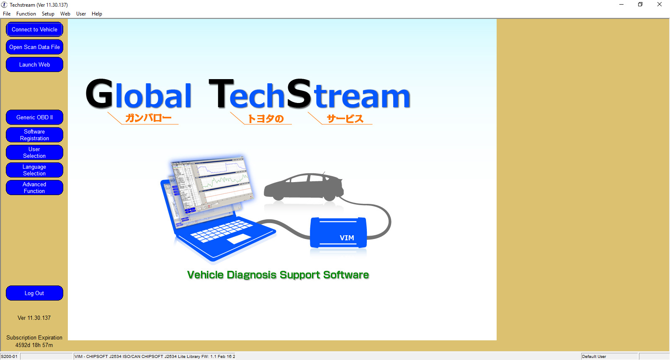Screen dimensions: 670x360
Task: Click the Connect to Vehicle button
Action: [34, 29]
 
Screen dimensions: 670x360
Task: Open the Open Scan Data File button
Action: [34, 47]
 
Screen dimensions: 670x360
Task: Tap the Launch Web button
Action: [34, 64]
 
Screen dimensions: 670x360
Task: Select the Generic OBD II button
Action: [34, 117]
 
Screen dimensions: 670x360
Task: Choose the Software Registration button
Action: [34, 135]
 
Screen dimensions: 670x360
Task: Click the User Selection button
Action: [34, 152]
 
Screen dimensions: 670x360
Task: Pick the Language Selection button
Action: [34, 170]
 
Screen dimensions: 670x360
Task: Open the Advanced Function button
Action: [34, 188]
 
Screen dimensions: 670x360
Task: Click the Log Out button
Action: [34, 293]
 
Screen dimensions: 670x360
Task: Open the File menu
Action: [7, 14]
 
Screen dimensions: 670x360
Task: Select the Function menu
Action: [26, 14]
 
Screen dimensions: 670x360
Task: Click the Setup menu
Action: [48, 14]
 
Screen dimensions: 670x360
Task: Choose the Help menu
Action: [97, 14]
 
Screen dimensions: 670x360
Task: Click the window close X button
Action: [659, 5]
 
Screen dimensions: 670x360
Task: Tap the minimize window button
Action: [621, 5]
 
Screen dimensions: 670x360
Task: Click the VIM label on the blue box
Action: [347, 238]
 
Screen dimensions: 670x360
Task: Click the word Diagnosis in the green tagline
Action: [252, 275]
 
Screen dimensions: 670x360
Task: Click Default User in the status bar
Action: [594, 356]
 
